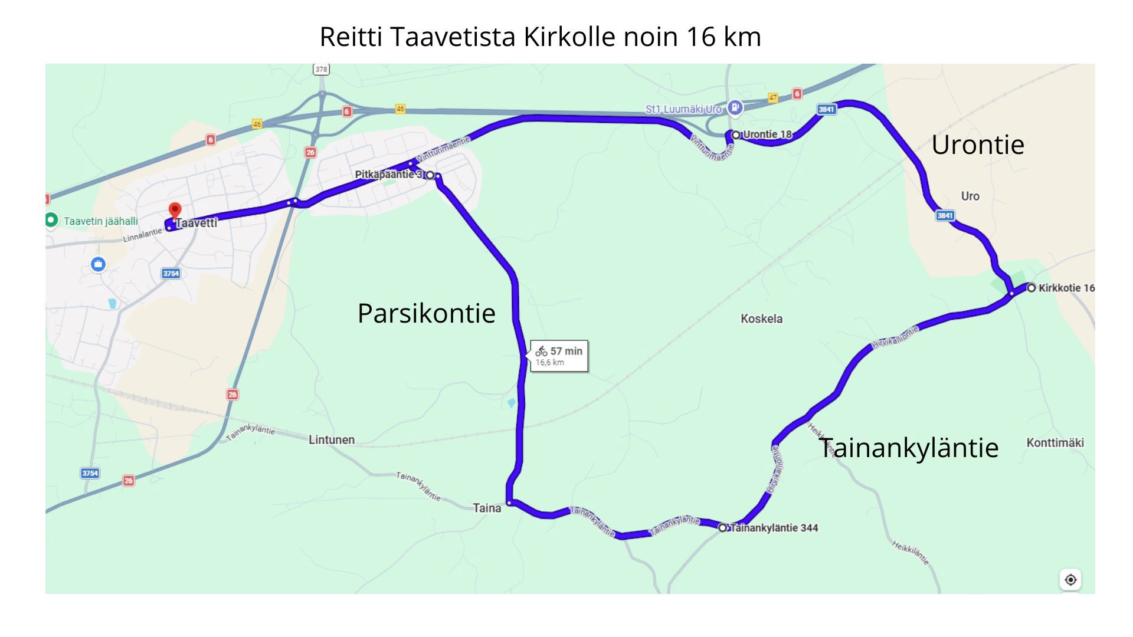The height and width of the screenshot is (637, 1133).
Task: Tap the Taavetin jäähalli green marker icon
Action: tap(51, 220)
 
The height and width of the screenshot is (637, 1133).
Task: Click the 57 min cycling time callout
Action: tap(559, 356)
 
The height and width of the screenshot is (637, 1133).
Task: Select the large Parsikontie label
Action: tap(426, 313)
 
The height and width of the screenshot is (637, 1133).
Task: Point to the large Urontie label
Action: tap(977, 145)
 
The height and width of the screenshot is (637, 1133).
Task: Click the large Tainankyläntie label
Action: tap(908, 448)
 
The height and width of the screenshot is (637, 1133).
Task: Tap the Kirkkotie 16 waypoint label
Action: tap(1066, 288)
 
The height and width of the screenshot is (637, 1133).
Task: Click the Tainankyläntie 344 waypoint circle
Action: tap(722, 527)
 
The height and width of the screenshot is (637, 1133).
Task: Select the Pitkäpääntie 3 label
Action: tap(389, 175)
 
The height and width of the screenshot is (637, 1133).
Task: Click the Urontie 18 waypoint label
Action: tap(767, 134)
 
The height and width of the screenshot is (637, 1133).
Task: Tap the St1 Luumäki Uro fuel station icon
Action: tap(734, 107)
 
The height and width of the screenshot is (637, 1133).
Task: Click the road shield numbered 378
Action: tap(321, 70)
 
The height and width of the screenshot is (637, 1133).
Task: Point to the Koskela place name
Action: tap(761, 319)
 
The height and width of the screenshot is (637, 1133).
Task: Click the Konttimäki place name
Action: tap(1055, 443)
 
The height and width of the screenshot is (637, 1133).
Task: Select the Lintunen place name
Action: tap(332, 440)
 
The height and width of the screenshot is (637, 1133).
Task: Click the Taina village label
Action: tap(487, 508)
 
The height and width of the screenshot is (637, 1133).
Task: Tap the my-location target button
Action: tap(1070, 580)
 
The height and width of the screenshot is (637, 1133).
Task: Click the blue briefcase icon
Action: tap(98, 264)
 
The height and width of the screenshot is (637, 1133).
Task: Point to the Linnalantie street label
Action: tap(142, 235)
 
